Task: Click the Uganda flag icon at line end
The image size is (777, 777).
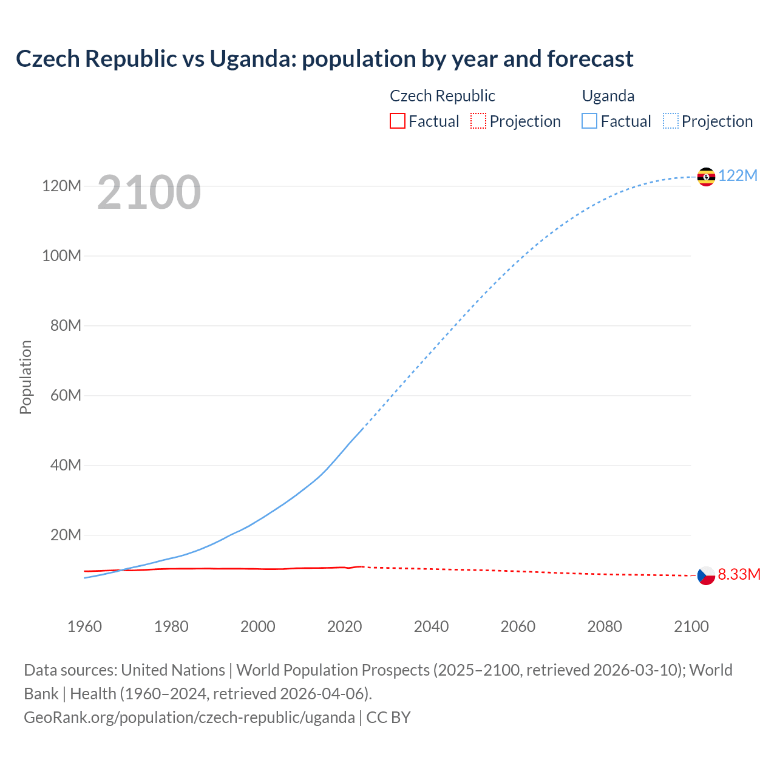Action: click(706, 177)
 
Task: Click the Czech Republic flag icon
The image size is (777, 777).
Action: click(706, 575)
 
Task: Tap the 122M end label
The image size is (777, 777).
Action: click(738, 176)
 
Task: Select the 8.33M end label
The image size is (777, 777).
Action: click(739, 575)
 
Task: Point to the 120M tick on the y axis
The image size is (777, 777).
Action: click(61, 186)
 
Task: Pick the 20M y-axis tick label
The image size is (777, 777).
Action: click(66, 535)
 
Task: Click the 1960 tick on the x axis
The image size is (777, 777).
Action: click(84, 626)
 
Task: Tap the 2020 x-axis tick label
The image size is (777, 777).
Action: click(344, 626)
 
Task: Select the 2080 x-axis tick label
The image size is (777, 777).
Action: click(605, 626)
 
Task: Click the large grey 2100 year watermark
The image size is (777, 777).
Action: click(149, 192)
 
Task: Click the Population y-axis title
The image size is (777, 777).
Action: click(25, 377)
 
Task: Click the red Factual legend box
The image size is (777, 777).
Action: click(397, 121)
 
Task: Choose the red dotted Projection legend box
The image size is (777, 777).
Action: click(478, 121)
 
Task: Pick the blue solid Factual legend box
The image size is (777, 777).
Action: click(589, 121)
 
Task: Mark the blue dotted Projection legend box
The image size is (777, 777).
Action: click(671, 121)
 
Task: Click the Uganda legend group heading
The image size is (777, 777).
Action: click(608, 96)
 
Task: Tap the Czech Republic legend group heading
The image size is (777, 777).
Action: click(442, 96)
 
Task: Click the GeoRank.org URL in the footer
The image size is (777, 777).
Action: click(189, 718)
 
